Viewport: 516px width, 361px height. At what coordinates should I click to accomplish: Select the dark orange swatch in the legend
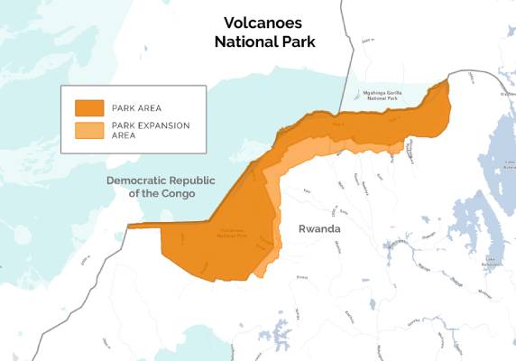88,106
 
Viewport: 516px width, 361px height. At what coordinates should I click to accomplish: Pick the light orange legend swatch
88,130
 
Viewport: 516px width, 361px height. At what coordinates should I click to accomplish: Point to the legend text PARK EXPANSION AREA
151,130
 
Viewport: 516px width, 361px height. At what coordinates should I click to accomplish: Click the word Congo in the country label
176,193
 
